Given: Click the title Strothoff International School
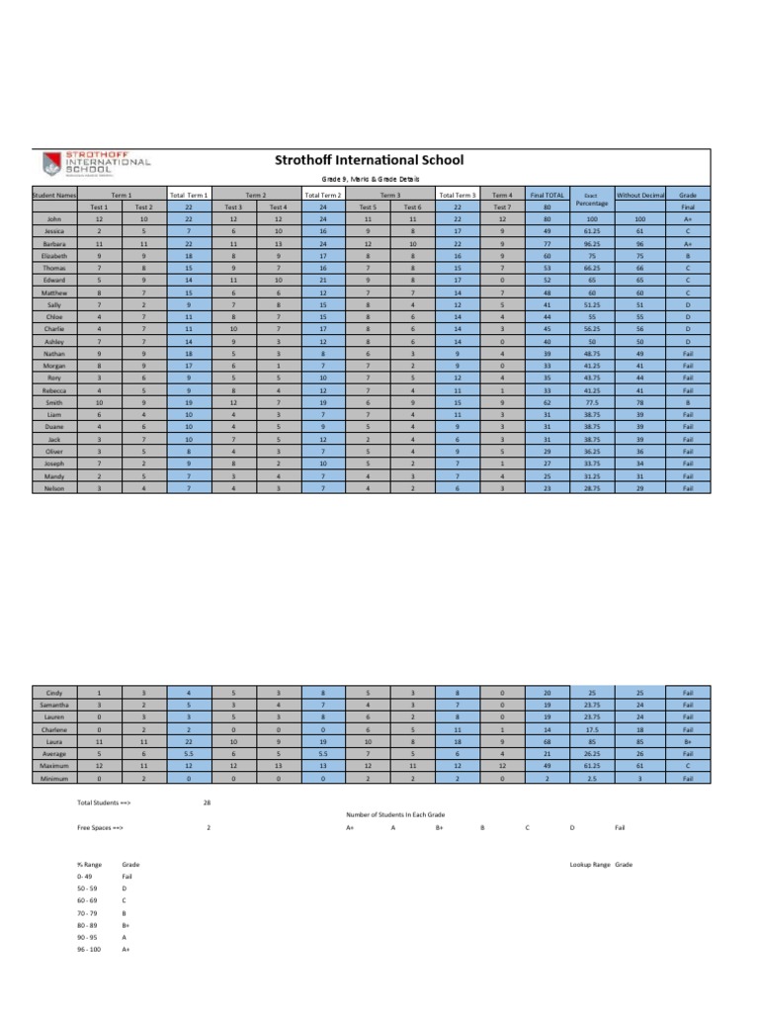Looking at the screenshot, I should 368,159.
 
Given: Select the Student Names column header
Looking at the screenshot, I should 54,197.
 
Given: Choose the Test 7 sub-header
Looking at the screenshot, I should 502,208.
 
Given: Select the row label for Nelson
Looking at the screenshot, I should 54,488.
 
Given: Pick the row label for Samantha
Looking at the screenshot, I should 54,705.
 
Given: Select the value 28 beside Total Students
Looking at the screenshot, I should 207,803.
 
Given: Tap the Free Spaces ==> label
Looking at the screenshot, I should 101,826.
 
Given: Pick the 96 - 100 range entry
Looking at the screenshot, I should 89,949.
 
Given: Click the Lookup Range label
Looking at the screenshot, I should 589,864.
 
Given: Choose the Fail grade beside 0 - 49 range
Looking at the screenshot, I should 126,876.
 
